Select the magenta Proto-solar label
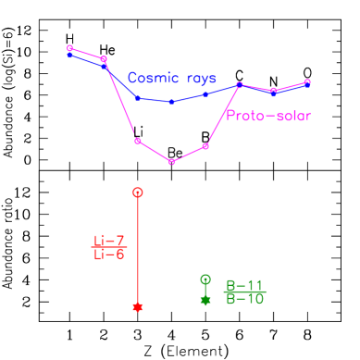click(x=268, y=116)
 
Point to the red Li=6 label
click(x=109, y=254)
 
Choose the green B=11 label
click(x=245, y=286)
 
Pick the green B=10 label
click(x=245, y=299)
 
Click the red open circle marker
click(x=138, y=192)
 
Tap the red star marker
click(x=138, y=306)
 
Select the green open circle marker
click(x=205, y=279)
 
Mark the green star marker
click(x=205, y=300)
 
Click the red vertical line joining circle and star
click(x=138, y=250)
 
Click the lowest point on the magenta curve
click(x=171, y=162)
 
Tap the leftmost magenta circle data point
click(x=70, y=48)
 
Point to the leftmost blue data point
click(x=70, y=55)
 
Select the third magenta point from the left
click(x=138, y=141)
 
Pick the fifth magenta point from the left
click(x=205, y=146)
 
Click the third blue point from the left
click(x=138, y=97)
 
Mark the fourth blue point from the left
click(x=171, y=102)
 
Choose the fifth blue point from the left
click(x=205, y=94)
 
